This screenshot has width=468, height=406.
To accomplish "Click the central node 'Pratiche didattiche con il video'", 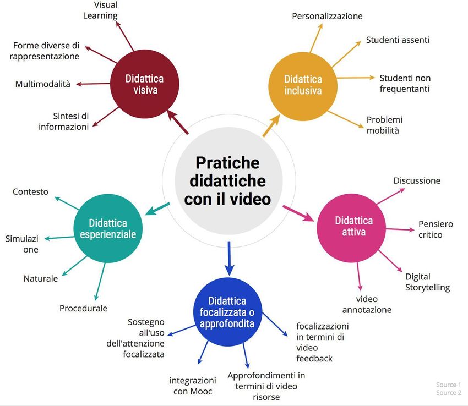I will (227, 180).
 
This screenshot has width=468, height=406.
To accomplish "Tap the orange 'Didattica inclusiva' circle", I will (303, 85).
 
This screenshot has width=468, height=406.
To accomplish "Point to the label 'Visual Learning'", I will (100, 10).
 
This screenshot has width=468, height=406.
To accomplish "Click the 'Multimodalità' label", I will (43, 84).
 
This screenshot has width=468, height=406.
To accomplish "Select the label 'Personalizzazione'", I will (327, 16).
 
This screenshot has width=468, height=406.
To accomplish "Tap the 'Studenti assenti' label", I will (398, 40).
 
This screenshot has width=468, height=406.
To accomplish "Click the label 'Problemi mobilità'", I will (384, 125).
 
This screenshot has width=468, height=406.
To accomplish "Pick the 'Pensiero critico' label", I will (436, 229).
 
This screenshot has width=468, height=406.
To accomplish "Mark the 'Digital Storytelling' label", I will (427, 282).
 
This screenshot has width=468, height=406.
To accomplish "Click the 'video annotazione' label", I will (367, 304).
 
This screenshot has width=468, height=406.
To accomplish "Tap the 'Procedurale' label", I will (83, 308).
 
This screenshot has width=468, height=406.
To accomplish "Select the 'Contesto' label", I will (30, 191).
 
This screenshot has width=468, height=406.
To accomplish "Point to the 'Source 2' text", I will (448, 393).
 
